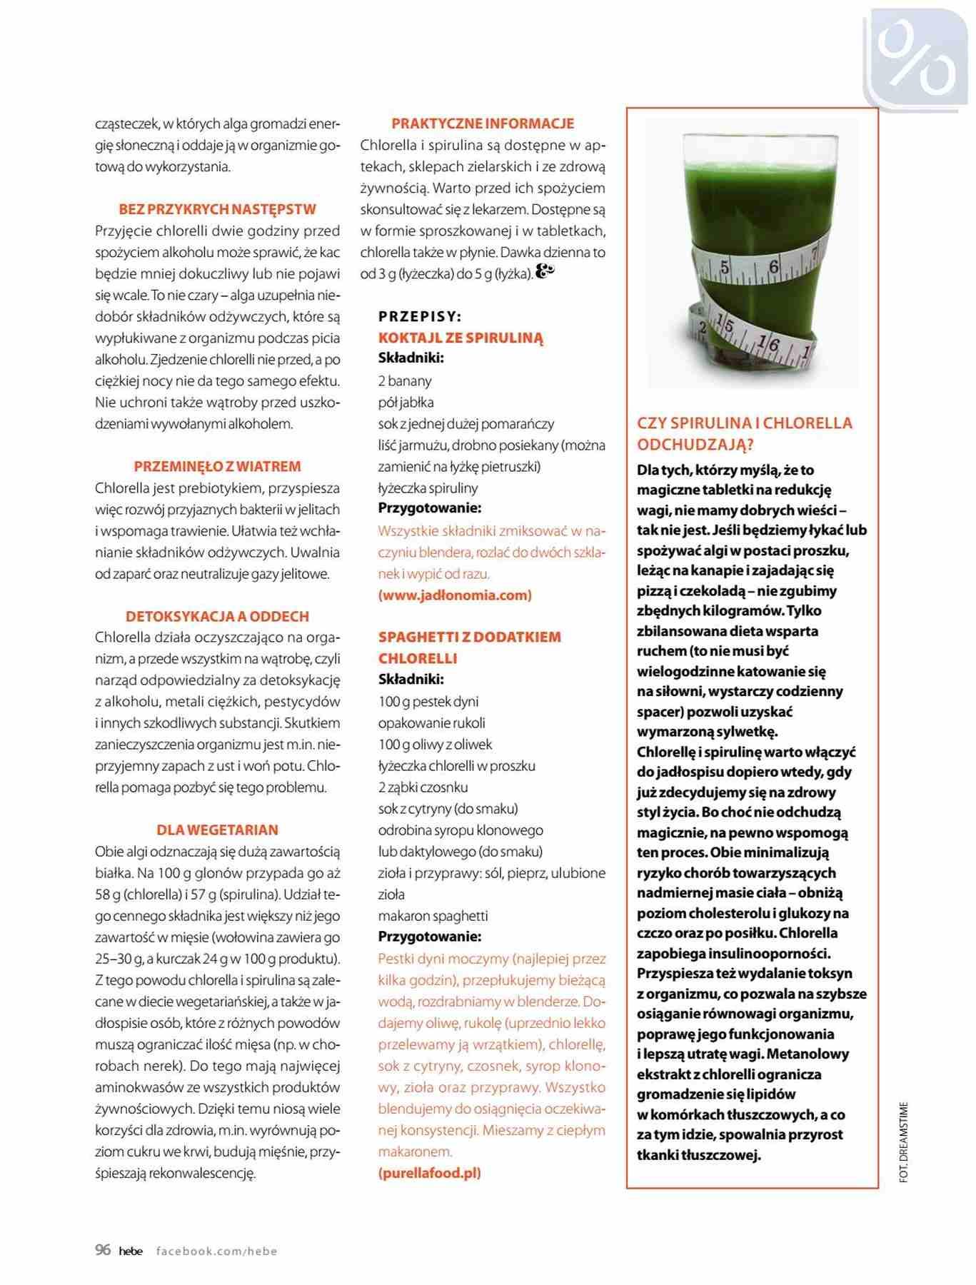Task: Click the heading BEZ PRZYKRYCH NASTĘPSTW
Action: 217,209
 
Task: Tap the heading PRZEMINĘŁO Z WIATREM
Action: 217,466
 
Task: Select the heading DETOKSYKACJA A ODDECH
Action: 217,616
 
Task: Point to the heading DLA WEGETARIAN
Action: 217,830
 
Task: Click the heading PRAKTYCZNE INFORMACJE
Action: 483,124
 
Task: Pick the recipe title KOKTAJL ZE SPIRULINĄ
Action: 461,338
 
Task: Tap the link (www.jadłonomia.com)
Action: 455,595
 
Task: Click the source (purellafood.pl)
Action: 430,1172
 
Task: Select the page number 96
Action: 103,1249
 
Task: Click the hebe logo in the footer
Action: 131,1251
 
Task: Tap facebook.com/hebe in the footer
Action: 216,1251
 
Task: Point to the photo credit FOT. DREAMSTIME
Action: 904,1142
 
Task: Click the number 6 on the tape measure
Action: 773,267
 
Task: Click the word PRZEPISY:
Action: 420,316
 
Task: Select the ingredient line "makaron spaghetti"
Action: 433,915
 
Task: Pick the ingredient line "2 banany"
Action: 405,381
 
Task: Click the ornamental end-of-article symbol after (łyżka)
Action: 545,272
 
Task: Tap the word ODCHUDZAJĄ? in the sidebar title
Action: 695,444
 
